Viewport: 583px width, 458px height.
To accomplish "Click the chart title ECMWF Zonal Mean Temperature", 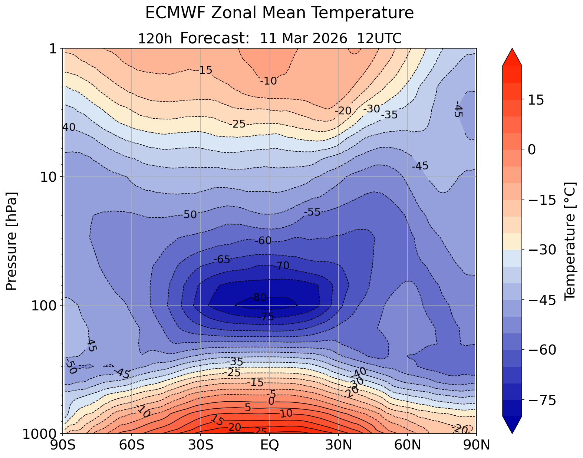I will [279, 13].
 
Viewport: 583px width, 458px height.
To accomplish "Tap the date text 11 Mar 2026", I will [304, 38].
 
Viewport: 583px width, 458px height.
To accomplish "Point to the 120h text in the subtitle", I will [155, 39].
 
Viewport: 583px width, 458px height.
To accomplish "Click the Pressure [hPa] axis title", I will [12, 241].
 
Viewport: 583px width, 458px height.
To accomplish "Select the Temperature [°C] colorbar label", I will [570, 241].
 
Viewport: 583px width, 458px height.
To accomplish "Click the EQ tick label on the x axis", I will [270, 445].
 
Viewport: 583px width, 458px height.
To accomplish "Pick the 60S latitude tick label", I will [132, 445].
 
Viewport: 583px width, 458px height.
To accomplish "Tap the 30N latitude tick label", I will [339, 445].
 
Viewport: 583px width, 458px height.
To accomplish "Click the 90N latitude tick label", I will [476, 445].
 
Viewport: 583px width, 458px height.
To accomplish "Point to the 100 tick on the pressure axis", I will [45, 306].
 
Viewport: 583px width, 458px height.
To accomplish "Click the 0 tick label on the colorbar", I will [531, 150].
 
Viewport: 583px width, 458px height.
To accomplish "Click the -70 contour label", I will [281, 266].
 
